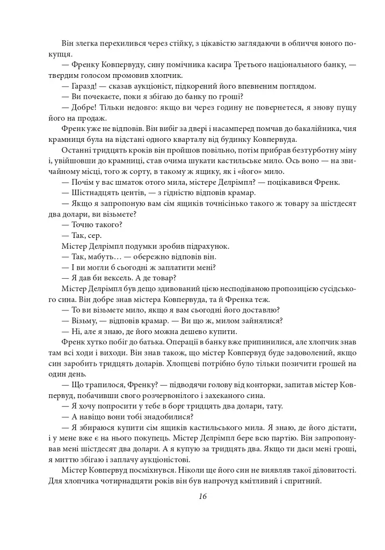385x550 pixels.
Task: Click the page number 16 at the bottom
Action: coord(202,496)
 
